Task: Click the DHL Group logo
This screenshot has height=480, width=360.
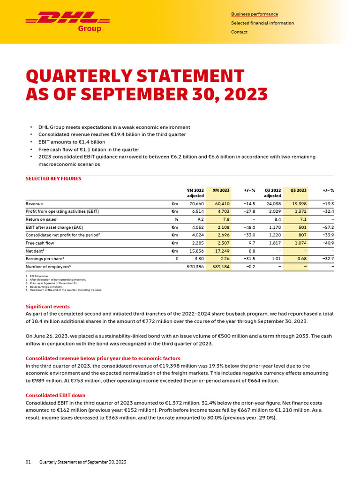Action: coord(63,21)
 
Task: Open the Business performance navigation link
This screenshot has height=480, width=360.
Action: coord(254,14)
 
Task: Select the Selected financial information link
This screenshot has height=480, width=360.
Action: coord(262,23)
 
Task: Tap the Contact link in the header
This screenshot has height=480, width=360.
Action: coord(239,32)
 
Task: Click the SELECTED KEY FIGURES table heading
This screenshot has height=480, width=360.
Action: coord(53,179)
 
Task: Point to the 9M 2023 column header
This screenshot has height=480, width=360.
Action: coord(221,190)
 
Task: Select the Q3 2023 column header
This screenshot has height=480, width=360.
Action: coord(298,190)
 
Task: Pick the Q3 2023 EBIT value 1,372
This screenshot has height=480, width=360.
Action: coord(300,212)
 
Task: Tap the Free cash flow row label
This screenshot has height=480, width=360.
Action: coord(40,243)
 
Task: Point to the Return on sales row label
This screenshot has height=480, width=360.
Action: coord(41,219)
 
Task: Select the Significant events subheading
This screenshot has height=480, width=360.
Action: coord(47,307)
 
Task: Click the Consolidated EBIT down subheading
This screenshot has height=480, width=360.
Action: coord(55,395)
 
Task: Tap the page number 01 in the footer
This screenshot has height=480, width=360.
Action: coord(28,462)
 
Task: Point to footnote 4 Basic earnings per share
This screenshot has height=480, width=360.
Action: coord(46,287)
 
